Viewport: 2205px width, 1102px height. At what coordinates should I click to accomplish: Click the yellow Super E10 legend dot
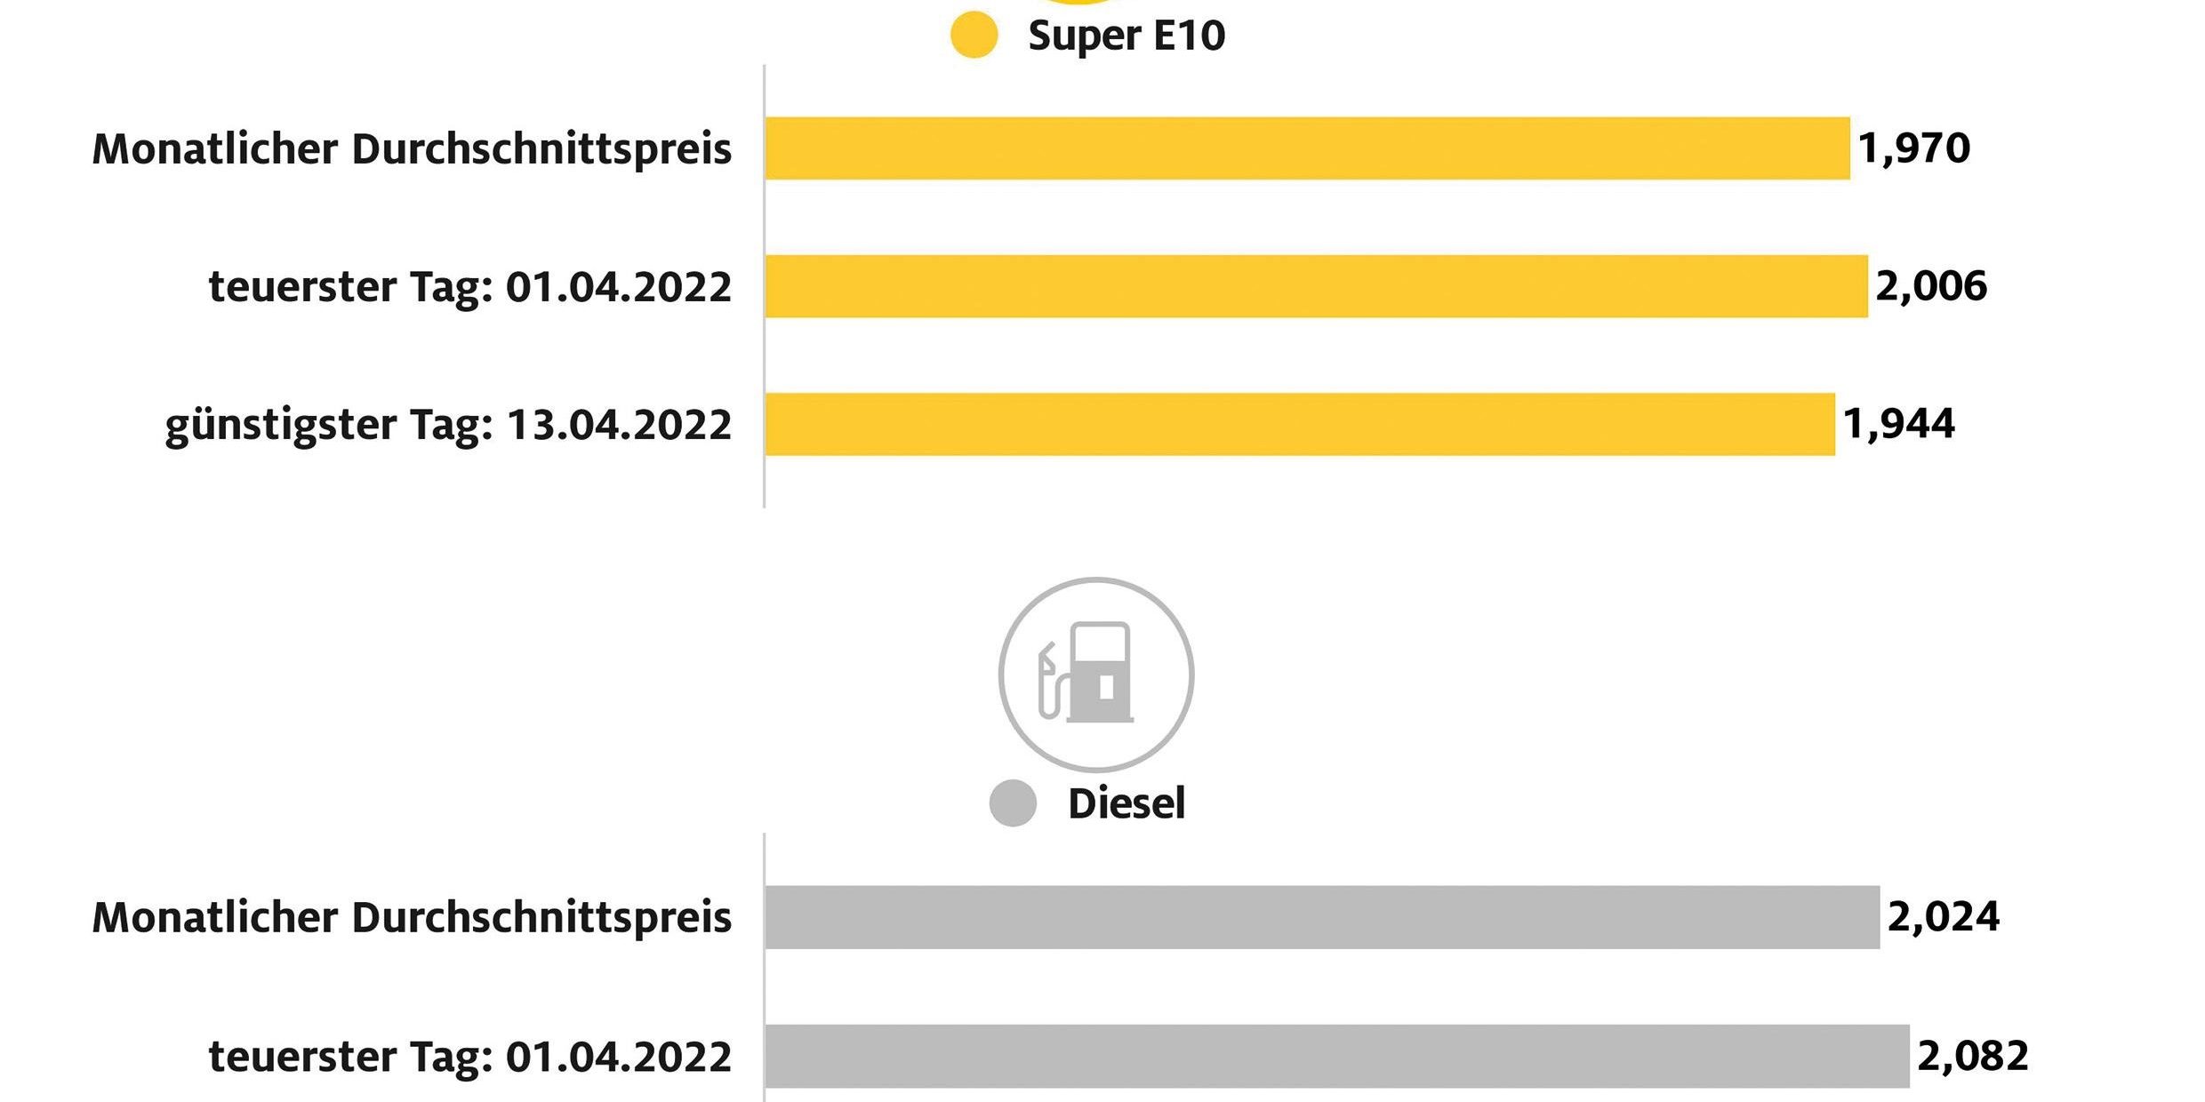pos(974,36)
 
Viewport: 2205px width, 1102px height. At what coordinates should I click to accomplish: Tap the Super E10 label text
pos(1127,36)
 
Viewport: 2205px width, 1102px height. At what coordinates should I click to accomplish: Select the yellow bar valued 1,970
pos(1307,148)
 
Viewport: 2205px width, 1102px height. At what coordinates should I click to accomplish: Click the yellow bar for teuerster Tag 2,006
pos(1316,286)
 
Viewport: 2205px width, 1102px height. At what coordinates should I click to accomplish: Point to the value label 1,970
pos(1913,148)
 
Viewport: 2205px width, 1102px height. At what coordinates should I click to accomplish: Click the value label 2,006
pos(1931,286)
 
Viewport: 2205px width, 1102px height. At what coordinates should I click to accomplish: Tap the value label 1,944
pos(1898,424)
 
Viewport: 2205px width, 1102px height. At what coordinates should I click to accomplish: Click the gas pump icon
pos(1095,674)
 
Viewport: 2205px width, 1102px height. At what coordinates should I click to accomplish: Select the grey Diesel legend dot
pos(1013,803)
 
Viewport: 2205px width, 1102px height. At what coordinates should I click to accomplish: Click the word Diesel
pos(1127,803)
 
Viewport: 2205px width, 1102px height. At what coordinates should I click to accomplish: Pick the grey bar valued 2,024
pos(1322,917)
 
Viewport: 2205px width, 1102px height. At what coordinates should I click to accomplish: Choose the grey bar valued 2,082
pos(1336,1056)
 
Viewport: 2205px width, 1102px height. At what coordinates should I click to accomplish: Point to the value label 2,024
pos(1944,917)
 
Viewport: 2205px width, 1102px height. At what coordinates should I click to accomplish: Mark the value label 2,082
pos(1973,1056)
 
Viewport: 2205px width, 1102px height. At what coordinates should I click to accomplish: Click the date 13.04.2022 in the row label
pos(619,425)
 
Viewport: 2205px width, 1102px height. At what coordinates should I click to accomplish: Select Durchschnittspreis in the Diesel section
pos(541,917)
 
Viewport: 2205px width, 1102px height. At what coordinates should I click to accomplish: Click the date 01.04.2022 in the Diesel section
pos(619,1057)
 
